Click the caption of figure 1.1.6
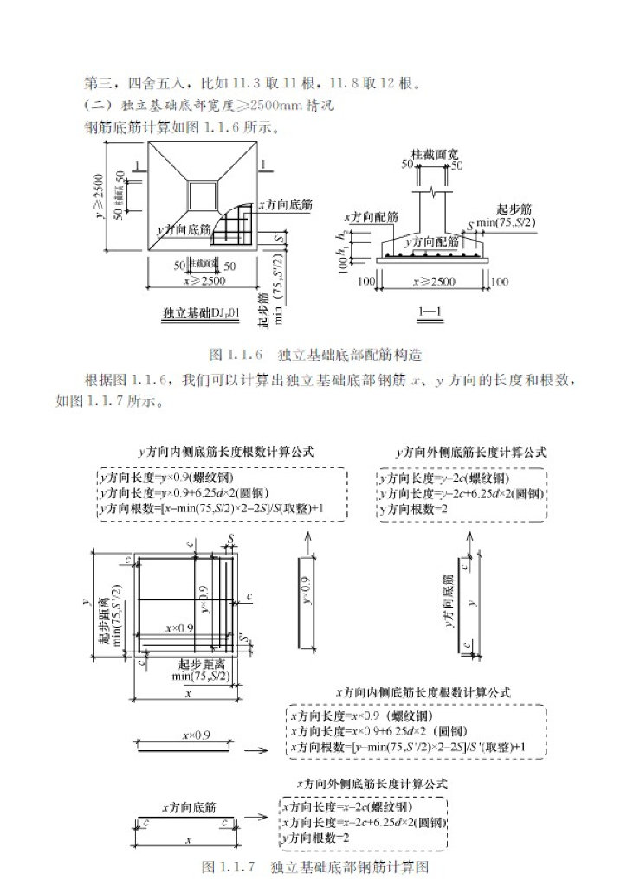tap(315, 356)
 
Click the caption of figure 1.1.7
tap(315, 866)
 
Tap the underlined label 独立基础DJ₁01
tap(201, 313)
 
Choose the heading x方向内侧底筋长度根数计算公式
tap(423, 692)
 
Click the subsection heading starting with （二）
tap(209, 106)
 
